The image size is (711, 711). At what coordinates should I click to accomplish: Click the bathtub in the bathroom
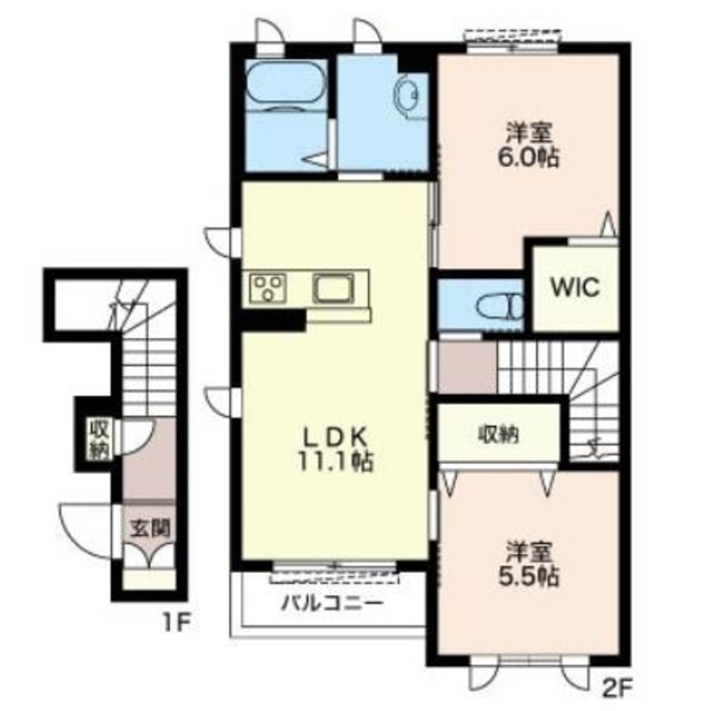285,85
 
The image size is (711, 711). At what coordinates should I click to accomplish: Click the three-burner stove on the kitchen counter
267,288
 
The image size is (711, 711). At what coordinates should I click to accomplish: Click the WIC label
574,287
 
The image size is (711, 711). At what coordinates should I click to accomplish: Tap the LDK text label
335,437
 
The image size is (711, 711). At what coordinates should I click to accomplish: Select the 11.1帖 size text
336,462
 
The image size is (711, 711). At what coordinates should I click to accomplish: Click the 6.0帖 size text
528,157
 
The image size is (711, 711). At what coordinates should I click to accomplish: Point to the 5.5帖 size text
529,577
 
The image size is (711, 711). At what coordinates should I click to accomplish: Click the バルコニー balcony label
332,604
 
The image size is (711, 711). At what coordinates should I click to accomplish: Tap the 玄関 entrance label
149,528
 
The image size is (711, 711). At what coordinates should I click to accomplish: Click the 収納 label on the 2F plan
498,435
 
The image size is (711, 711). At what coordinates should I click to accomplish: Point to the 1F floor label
176,623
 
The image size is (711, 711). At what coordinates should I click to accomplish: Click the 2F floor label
616,690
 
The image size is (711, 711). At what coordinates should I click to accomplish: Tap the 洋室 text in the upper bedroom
529,133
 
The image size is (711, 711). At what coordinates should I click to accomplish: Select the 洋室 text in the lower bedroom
529,552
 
